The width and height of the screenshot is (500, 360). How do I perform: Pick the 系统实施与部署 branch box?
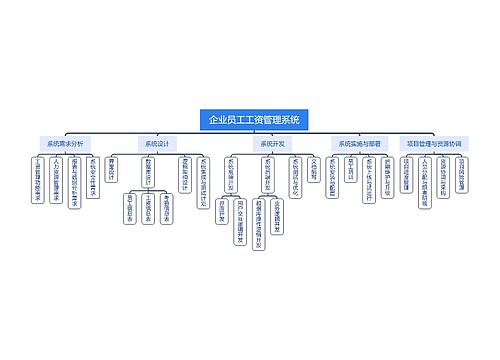pos(358,144)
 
